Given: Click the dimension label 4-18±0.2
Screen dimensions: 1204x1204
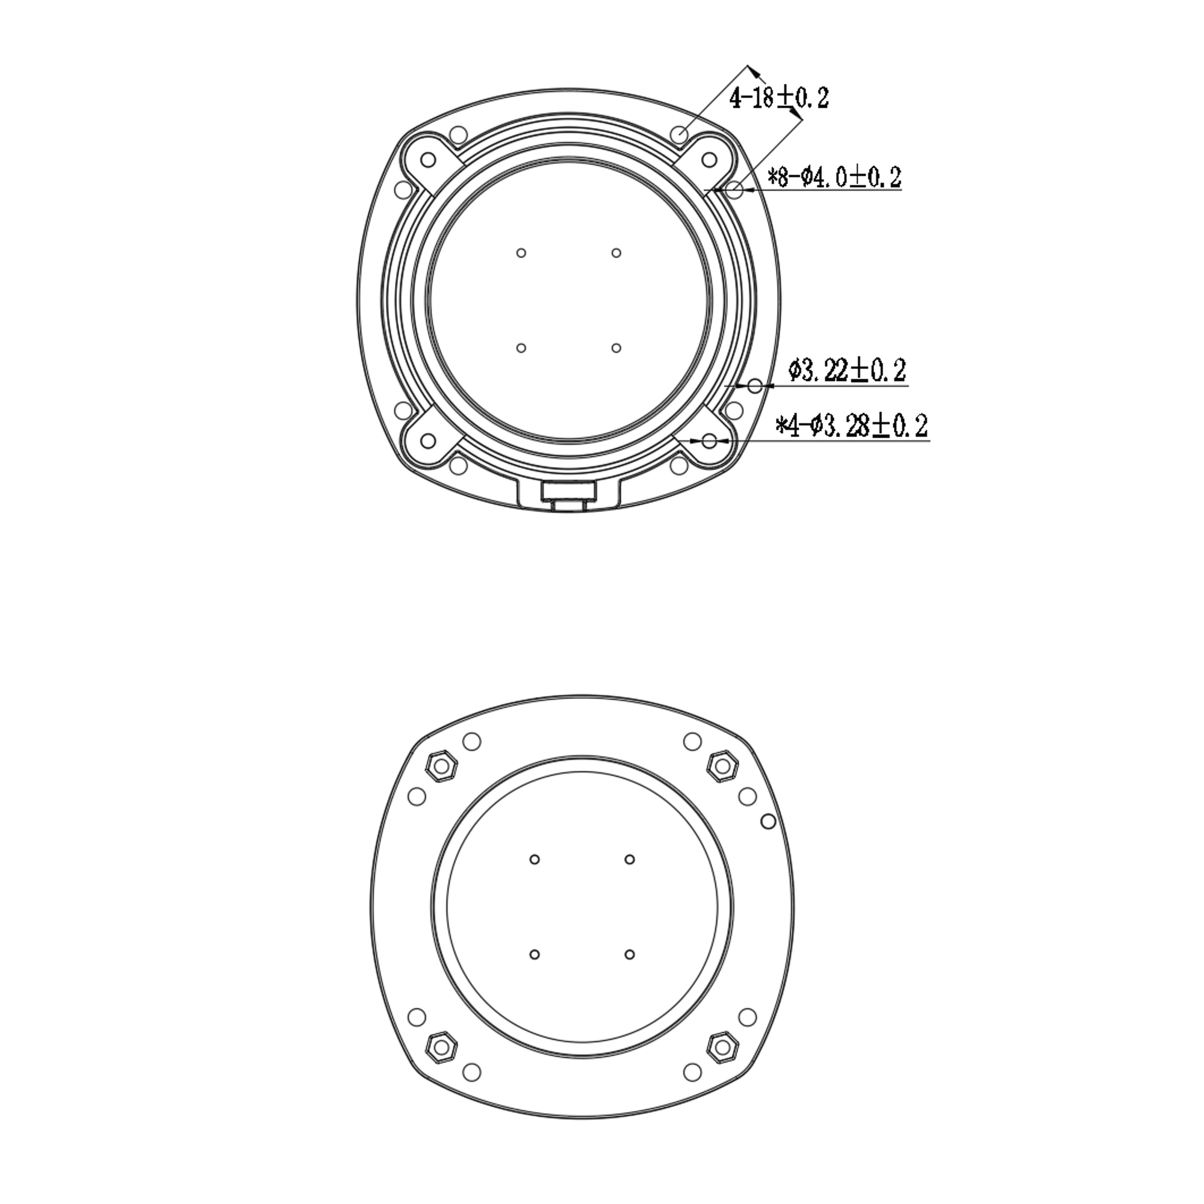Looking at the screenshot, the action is point(779,98).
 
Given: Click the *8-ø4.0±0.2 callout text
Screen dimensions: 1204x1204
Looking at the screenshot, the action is point(834,177).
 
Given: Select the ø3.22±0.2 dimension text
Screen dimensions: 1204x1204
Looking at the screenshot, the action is point(847,371).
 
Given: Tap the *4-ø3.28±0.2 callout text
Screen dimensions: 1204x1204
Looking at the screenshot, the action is point(851,426).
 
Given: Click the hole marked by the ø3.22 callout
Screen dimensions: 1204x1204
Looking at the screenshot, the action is point(755,386).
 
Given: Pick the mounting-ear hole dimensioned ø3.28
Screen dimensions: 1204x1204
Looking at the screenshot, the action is point(709,441).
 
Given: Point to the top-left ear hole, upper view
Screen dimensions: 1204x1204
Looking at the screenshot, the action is point(428,160).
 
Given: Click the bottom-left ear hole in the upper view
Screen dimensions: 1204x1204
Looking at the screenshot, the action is point(428,441).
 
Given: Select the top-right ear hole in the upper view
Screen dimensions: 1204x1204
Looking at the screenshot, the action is point(709,160).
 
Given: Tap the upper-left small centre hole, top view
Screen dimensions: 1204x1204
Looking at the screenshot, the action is point(521,252).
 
